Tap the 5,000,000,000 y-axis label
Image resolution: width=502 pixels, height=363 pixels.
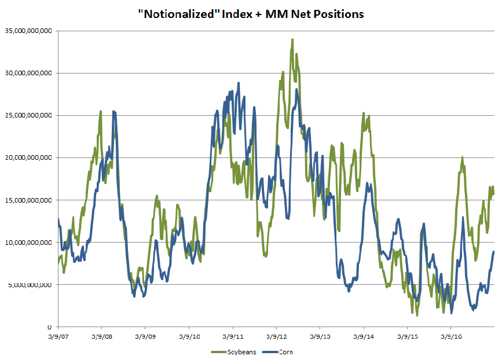point(31,284)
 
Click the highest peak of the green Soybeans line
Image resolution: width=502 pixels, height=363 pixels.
point(292,40)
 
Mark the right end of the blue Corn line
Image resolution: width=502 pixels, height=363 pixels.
point(493,251)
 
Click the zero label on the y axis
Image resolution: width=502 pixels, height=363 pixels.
point(51,327)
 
